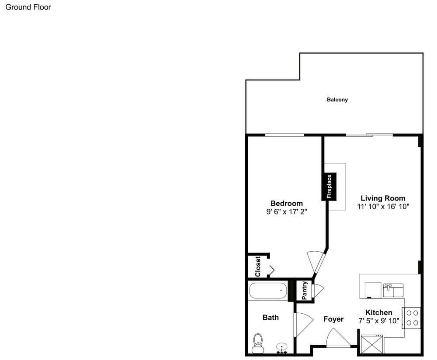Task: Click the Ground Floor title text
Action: tap(28, 7)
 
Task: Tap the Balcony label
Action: tap(337, 100)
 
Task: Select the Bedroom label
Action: tap(287, 204)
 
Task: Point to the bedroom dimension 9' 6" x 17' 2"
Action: tap(287, 212)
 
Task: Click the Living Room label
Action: tap(383, 198)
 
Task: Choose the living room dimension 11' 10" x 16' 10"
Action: tap(383, 207)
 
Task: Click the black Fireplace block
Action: tap(329, 187)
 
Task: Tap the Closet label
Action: tap(258, 267)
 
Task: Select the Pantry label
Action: tap(304, 291)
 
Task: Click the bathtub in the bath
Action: tap(268, 291)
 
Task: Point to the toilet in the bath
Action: tap(258, 343)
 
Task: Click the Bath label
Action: tap(271, 317)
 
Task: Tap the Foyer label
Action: tap(333, 319)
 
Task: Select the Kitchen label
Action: tap(379, 312)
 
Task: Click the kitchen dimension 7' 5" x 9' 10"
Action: tap(379, 321)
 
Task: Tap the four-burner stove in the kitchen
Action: tap(411, 318)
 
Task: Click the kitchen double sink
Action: tap(393, 290)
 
